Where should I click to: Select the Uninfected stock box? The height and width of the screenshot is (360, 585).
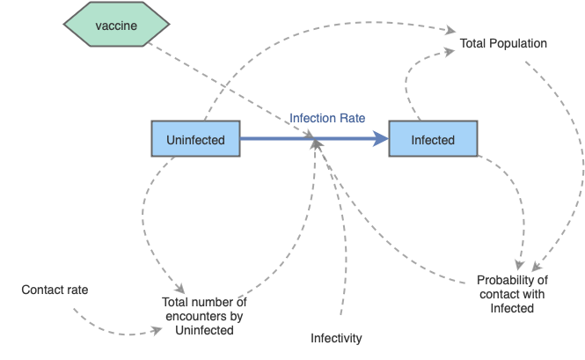(x=195, y=140)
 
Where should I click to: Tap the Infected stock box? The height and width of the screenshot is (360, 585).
(x=433, y=140)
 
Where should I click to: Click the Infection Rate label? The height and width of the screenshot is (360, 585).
(x=327, y=117)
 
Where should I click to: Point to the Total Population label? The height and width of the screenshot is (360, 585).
(x=503, y=43)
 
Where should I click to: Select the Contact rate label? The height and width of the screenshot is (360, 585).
(x=55, y=290)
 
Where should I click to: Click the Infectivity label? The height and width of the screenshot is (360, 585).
(x=336, y=338)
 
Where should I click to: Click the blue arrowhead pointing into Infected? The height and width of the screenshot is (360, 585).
(x=380, y=139)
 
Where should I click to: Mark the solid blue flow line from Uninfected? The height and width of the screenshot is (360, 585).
(x=290, y=139)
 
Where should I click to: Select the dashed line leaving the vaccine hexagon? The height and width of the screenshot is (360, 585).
(x=229, y=88)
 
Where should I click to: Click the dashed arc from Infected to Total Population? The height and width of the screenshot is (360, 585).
(x=407, y=84)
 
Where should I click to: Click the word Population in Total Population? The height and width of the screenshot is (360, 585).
(x=518, y=43)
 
